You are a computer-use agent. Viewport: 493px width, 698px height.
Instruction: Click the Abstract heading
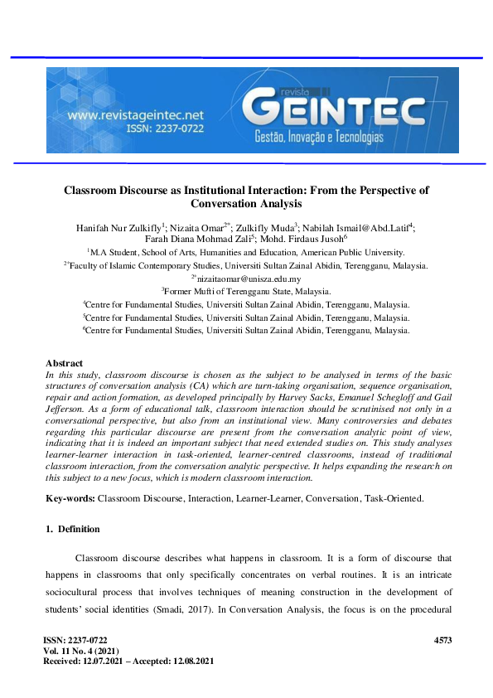pos(64,363)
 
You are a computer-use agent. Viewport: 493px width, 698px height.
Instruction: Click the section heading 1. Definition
pos(72,529)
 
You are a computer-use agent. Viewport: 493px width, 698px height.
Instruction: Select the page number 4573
pos(443,642)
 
